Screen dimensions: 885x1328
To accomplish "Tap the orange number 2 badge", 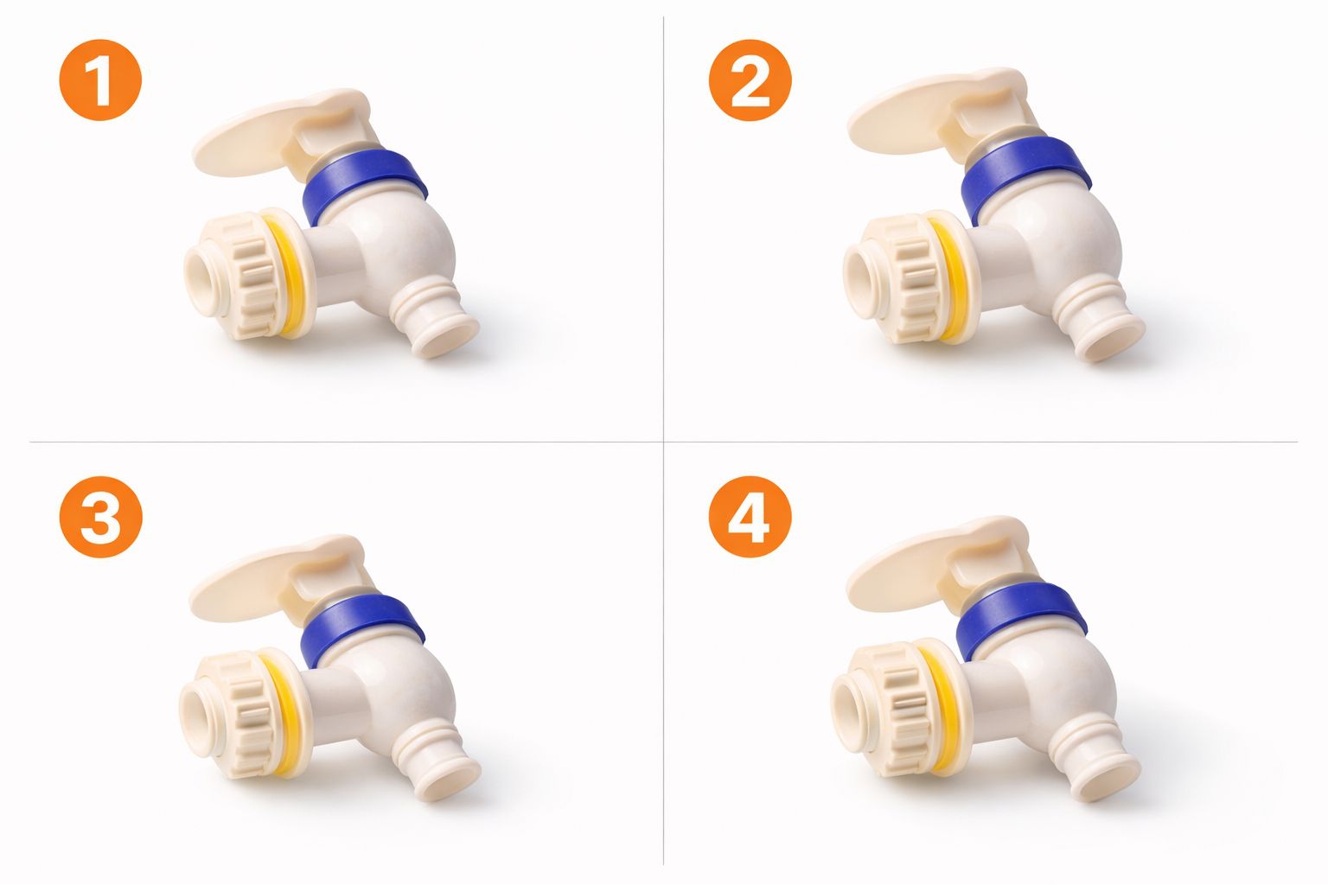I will click(750, 80).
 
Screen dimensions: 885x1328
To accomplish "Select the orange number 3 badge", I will click(99, 518).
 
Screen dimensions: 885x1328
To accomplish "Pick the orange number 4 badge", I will click(750, 518).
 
